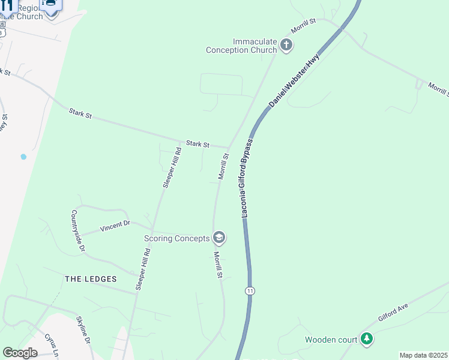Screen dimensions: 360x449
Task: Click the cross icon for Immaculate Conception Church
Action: coord(286,45)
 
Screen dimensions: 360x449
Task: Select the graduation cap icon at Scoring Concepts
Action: coord(219,238)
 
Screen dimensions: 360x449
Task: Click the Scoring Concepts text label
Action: coord(177,238)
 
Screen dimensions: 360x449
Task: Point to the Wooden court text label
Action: coord(331,340)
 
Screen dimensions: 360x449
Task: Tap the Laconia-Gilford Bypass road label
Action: coord(247,178)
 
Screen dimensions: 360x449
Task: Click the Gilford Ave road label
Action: coord(393,313)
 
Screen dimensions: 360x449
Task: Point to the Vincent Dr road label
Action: coord(115,226)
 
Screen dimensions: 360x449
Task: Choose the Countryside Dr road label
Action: coord(78,230)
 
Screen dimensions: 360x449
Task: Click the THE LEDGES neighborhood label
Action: coord(91,279)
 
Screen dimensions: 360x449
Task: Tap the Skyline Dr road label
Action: coord(83,329)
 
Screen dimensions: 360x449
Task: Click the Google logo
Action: coord(20,353)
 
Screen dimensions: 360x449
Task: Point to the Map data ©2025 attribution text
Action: coord(423,355)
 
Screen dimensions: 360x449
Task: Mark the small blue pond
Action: coord(23,157)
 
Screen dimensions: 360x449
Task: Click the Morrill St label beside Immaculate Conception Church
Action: coord(304,25)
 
